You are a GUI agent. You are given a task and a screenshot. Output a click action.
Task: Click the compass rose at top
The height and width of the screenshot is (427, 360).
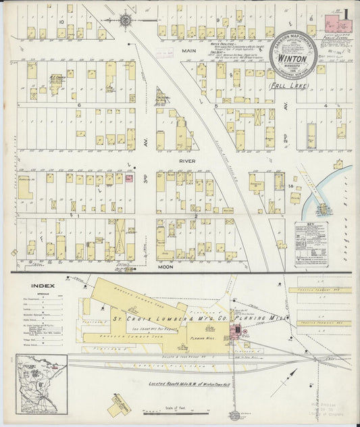[126, 21]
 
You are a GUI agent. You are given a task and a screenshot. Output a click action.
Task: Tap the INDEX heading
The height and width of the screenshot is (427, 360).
[42, 285]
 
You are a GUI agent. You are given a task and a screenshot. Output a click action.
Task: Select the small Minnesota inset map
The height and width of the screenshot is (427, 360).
[42, 384]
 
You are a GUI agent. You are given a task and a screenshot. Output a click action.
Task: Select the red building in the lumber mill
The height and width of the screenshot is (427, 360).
[238, 329]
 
